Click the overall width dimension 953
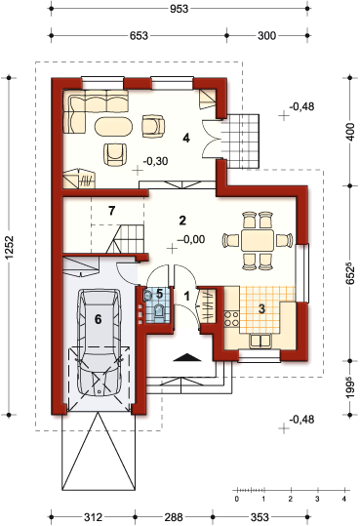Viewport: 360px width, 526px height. [x=179, y=9]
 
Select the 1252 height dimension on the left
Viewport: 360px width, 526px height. [x=10, y=248]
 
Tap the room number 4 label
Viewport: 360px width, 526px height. [x=186, y=138]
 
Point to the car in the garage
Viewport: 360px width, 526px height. [x=99, y=342]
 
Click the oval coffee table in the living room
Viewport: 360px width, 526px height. [x=113, y=126]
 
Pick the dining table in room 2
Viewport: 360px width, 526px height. [x=258, y=240]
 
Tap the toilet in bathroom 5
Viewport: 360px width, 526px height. [x=158, y=310]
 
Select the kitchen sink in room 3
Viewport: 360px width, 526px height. [x=260, y=341]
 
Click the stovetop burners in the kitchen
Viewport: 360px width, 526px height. [x=231, y=319]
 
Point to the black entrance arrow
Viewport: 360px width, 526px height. [x=187, y=357]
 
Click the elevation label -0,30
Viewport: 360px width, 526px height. [x=155, y=161]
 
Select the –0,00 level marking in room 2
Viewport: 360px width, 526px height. [x=191, y=239]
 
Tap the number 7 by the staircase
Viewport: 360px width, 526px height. [x=112, y=211]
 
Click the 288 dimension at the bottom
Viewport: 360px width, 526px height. [x=174, y=517]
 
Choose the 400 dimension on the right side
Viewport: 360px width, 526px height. [x=350, y=132]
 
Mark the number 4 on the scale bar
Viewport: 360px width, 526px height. [x=343, y=499]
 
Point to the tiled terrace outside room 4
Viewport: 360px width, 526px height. [x=241, y=142]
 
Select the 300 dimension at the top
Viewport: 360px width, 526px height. [x=266, y=35]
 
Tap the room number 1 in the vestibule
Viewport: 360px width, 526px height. [x=187, y=297]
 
